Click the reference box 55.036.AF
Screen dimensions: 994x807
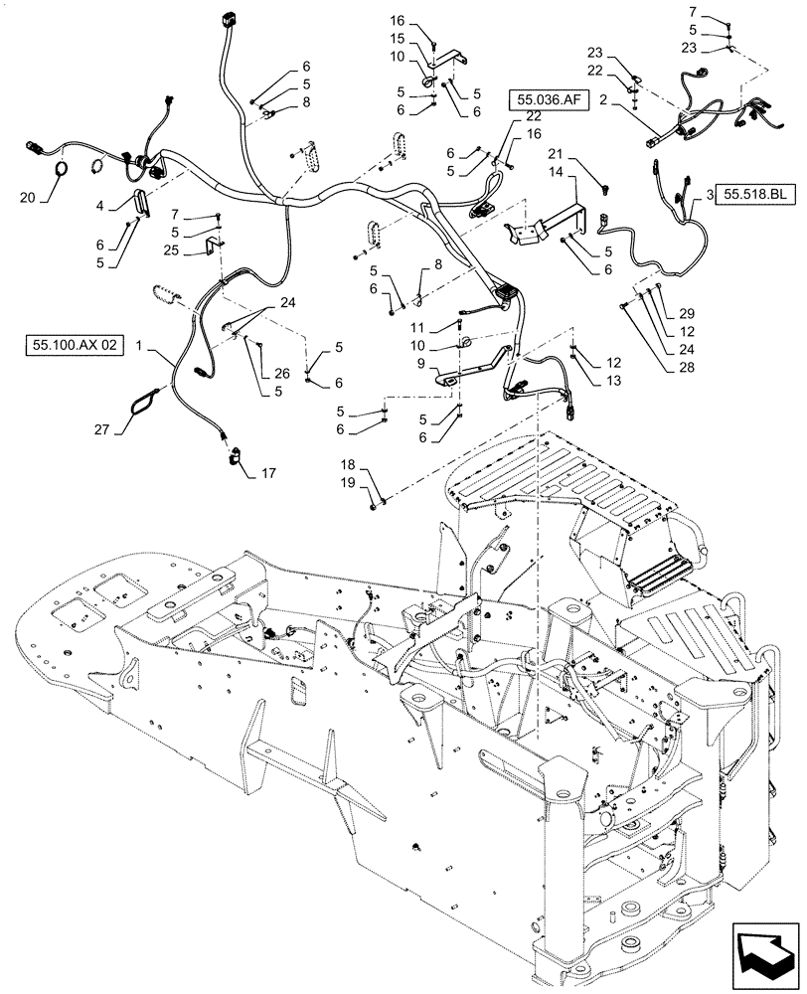click(545, 99)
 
